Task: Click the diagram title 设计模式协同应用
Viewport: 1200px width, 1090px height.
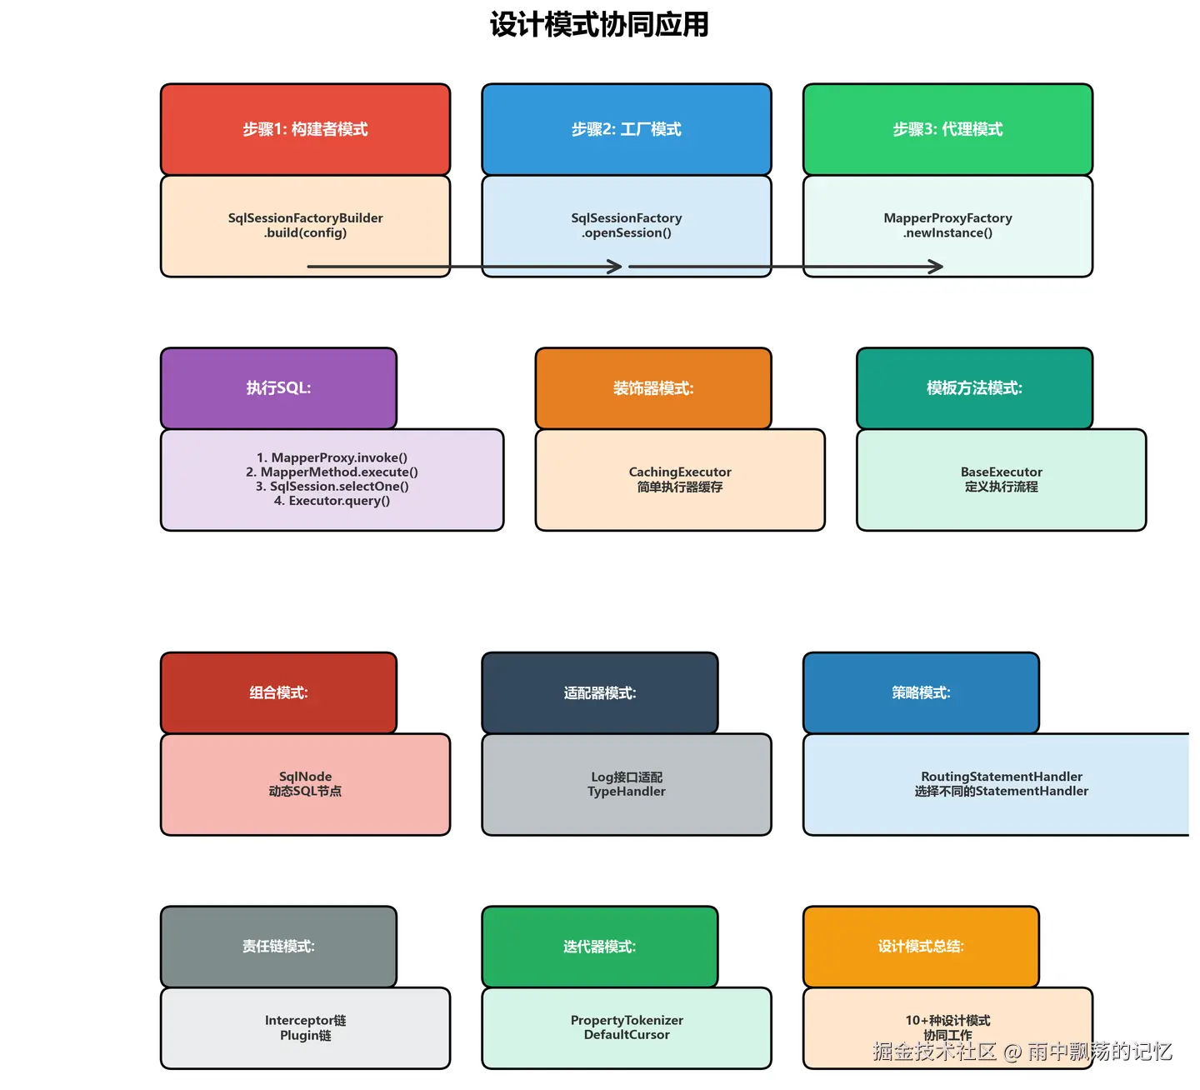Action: tap(599, 25)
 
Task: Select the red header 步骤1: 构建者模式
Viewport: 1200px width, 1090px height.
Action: tap(305, 129)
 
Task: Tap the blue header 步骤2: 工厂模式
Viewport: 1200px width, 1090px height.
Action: tap(627, 129)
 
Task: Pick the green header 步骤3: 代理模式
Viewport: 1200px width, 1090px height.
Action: tap(947, 129)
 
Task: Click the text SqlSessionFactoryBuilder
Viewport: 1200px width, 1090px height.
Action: tap(305, 218)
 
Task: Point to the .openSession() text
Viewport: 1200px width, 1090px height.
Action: tap(627, 233)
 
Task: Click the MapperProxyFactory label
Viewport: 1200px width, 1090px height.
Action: tap(947, 218)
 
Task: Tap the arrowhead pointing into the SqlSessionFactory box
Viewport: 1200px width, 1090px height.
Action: tap(615, 267)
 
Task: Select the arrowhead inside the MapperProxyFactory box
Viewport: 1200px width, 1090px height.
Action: tap(936, 267)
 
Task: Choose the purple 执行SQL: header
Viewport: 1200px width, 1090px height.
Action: tap(278, 388)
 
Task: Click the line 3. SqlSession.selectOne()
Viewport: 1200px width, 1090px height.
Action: tap(332, 487)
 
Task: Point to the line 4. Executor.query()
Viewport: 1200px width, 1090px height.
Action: tap(332, 501)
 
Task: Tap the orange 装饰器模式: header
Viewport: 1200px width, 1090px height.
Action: tap(653, 388)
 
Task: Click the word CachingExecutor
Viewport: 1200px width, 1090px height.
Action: tap(680, 472)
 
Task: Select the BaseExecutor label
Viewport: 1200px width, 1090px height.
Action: tap(1001, 472)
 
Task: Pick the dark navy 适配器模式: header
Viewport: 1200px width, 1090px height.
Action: tap(600, 693)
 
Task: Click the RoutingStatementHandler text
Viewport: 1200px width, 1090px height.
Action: tap(1001, 777)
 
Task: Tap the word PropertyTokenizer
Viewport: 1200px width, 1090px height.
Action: tap(627, 1021)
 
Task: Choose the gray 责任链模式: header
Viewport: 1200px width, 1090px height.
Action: tap(278, 947)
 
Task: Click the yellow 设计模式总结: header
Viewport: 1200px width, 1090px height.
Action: tap(921, 947)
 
